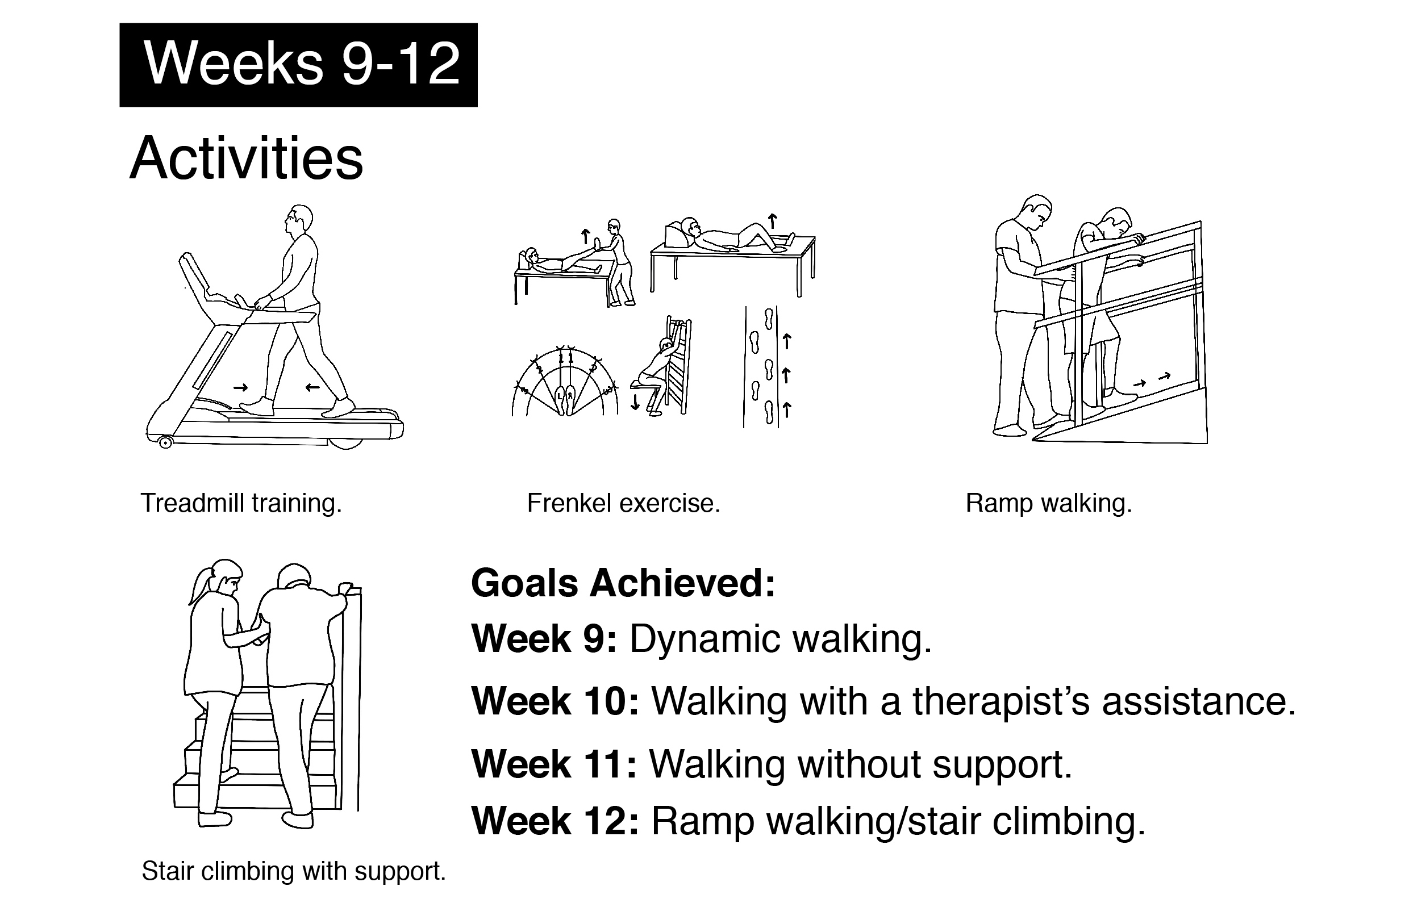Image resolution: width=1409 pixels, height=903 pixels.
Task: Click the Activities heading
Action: [x=247, y=158]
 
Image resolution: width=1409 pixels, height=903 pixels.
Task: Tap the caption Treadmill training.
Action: [x=241, y=503]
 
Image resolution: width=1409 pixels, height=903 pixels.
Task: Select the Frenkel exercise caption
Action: [x=623, y=503]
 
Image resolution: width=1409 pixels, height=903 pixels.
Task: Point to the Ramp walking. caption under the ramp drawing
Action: [x=1048, y=503]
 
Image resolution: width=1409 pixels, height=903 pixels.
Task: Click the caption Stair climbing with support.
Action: [x=293, y=871]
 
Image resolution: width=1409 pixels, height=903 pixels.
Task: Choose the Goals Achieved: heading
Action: [x=623, y=583]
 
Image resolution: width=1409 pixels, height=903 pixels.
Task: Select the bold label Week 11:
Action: [x=554, y=764]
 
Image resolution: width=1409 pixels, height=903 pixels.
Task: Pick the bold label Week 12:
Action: [x=555, y=820]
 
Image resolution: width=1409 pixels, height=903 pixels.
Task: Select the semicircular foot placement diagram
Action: [x=565, y=381]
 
